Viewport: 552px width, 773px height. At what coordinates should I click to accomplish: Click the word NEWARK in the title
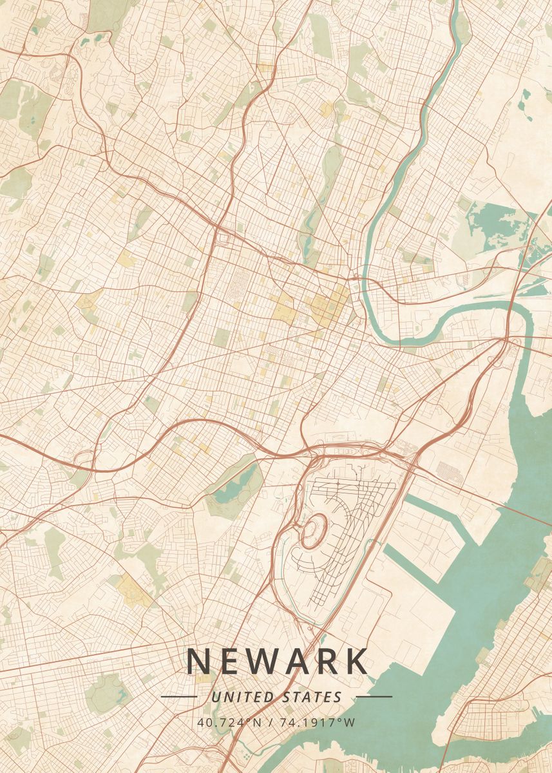277,662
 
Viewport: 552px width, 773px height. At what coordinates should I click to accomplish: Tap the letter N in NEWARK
199,662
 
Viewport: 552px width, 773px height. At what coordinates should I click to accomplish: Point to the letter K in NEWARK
356,662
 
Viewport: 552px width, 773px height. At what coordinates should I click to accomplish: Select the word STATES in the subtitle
312,697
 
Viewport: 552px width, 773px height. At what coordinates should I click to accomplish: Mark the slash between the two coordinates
267,722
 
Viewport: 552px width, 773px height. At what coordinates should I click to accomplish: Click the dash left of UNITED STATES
178,696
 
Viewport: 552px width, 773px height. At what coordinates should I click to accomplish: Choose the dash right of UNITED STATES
374,696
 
